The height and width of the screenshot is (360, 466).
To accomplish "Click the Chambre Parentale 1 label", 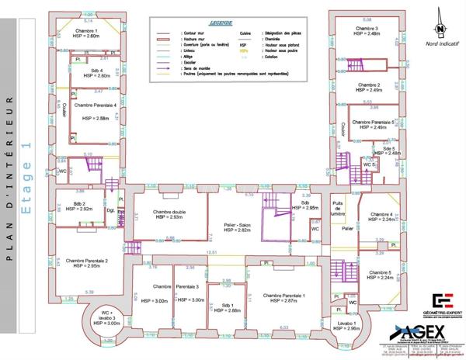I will pos(283,297).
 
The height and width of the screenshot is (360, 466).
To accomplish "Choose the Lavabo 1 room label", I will pos(345,325).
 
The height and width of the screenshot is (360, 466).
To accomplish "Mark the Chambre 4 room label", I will pos(381,216).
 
